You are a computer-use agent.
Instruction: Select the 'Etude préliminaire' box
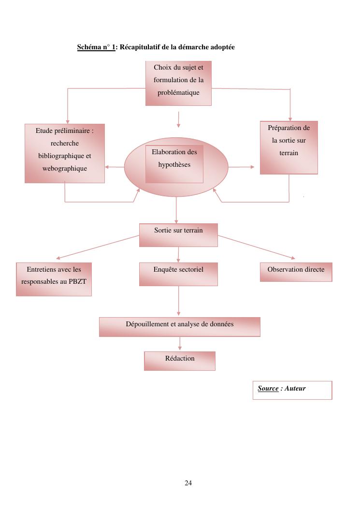pyautogui.click(x=65, y=153)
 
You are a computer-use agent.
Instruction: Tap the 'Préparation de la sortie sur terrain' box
pyautogui.click(x=288, y=147)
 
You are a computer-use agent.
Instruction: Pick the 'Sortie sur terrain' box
pyautogui.click(x=178, y=234)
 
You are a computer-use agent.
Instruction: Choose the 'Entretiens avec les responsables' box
pyautogui.click(x=54, y=279)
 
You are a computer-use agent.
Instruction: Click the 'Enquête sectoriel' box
pyautogui.click(x=178, y=274)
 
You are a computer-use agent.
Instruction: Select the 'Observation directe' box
pyautogui.click(x=296, y=272)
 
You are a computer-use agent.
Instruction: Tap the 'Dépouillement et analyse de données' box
pyautogui.click(x=179, y=327)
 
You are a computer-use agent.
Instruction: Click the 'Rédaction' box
pyautogui.click(x=179, y=361)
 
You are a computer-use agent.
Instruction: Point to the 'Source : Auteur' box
pyautogui.click(x=292, y=390)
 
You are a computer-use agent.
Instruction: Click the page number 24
pyautogui.click(x=188, y=483)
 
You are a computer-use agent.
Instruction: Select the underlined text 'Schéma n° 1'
pyautogui.click(x=96, y=47)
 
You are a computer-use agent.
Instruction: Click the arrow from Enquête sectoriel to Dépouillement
pyautogui.click(x=178, y=301)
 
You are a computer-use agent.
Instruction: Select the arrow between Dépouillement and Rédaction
pyautogui.click(x=180, y=343)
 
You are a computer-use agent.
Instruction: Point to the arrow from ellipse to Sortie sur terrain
pyautogui.click(x=176, y=210)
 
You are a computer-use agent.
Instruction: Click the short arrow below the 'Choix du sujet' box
pyautogui.click(x=178, y=119)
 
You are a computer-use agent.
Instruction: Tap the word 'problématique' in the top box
pyautogui.click(x=178, y=92)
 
